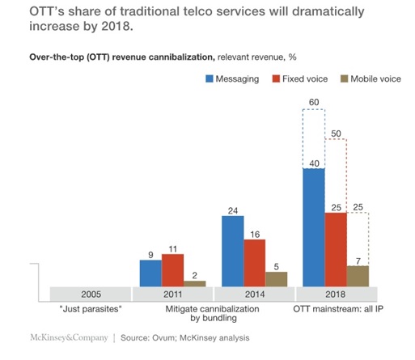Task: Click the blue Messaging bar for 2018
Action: (313, 229)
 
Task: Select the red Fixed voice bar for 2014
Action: (255, 260)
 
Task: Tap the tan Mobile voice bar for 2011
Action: (195, 283)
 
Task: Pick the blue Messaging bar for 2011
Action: (150, 273)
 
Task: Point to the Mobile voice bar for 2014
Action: (276, 278)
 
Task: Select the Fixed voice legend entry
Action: (306, 79)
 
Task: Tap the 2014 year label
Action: (254, 294)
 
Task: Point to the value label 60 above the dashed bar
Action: (313, 103)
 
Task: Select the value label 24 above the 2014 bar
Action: (232, 211)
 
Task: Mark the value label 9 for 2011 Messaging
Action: (150, 253)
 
